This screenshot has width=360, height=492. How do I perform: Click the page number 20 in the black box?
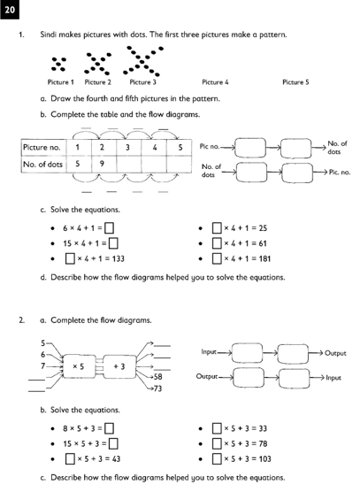(10, 10)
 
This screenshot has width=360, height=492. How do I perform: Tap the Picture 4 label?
(215, 82)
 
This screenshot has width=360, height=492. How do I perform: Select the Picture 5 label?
(295, 82)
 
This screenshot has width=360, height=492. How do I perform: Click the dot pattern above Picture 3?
(143, 61)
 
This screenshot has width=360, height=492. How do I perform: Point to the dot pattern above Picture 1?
(59, 64)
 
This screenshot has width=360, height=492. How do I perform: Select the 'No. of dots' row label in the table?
(43, 164)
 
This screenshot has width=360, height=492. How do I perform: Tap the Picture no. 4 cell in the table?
(154, 148)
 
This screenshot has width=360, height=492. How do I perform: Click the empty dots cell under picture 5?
(179, 164)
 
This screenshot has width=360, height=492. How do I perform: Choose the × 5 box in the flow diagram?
(80, 366)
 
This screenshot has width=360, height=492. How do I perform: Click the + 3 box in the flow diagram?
(119, 366)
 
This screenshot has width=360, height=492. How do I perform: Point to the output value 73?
(157, 388)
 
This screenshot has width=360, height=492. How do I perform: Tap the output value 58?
(157, 377)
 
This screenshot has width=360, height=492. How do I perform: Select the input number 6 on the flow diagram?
(43, 355)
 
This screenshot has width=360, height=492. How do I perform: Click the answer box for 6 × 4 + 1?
(109, 228)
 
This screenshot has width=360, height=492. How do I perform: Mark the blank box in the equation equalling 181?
(217, 259)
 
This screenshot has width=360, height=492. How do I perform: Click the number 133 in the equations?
(119, 259)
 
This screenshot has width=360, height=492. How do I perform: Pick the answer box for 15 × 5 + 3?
(113, 443)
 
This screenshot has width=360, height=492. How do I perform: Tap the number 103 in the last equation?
(264, 459)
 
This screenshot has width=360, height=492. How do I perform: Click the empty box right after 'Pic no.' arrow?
(250, 148)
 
